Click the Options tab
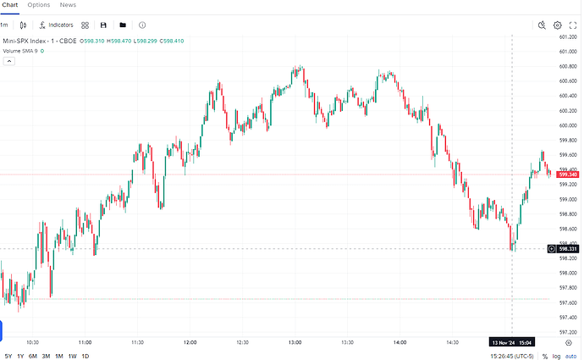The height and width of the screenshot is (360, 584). (39, 5)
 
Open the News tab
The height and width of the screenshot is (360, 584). (68, 5)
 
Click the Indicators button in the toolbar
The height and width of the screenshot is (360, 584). (56, 25)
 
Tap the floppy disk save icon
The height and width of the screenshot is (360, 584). (103, 25)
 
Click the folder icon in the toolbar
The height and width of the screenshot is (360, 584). (123, 25)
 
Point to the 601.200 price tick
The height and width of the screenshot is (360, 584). (568, 36)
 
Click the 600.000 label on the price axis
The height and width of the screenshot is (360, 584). (568, 125)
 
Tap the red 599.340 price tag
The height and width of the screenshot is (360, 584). (568, 174)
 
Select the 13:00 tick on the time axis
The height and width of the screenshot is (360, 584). (295, 342)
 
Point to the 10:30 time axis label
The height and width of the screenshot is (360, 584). (33, 342)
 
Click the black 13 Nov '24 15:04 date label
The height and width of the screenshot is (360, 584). (513, 342)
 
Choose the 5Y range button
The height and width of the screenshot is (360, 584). (8, 356)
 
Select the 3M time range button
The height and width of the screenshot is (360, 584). (46, 356)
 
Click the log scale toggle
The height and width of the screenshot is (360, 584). (557, 356)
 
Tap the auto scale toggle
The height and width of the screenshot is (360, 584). (571, 356)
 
